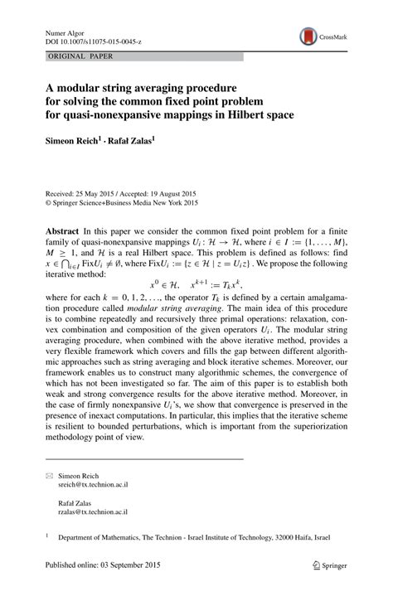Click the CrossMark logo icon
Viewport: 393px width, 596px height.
tap(308, 36)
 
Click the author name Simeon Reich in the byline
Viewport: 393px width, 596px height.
tap(74, 140)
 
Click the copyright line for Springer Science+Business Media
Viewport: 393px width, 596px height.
tap(122, 201)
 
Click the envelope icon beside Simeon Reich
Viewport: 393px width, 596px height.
tap(49, 477)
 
